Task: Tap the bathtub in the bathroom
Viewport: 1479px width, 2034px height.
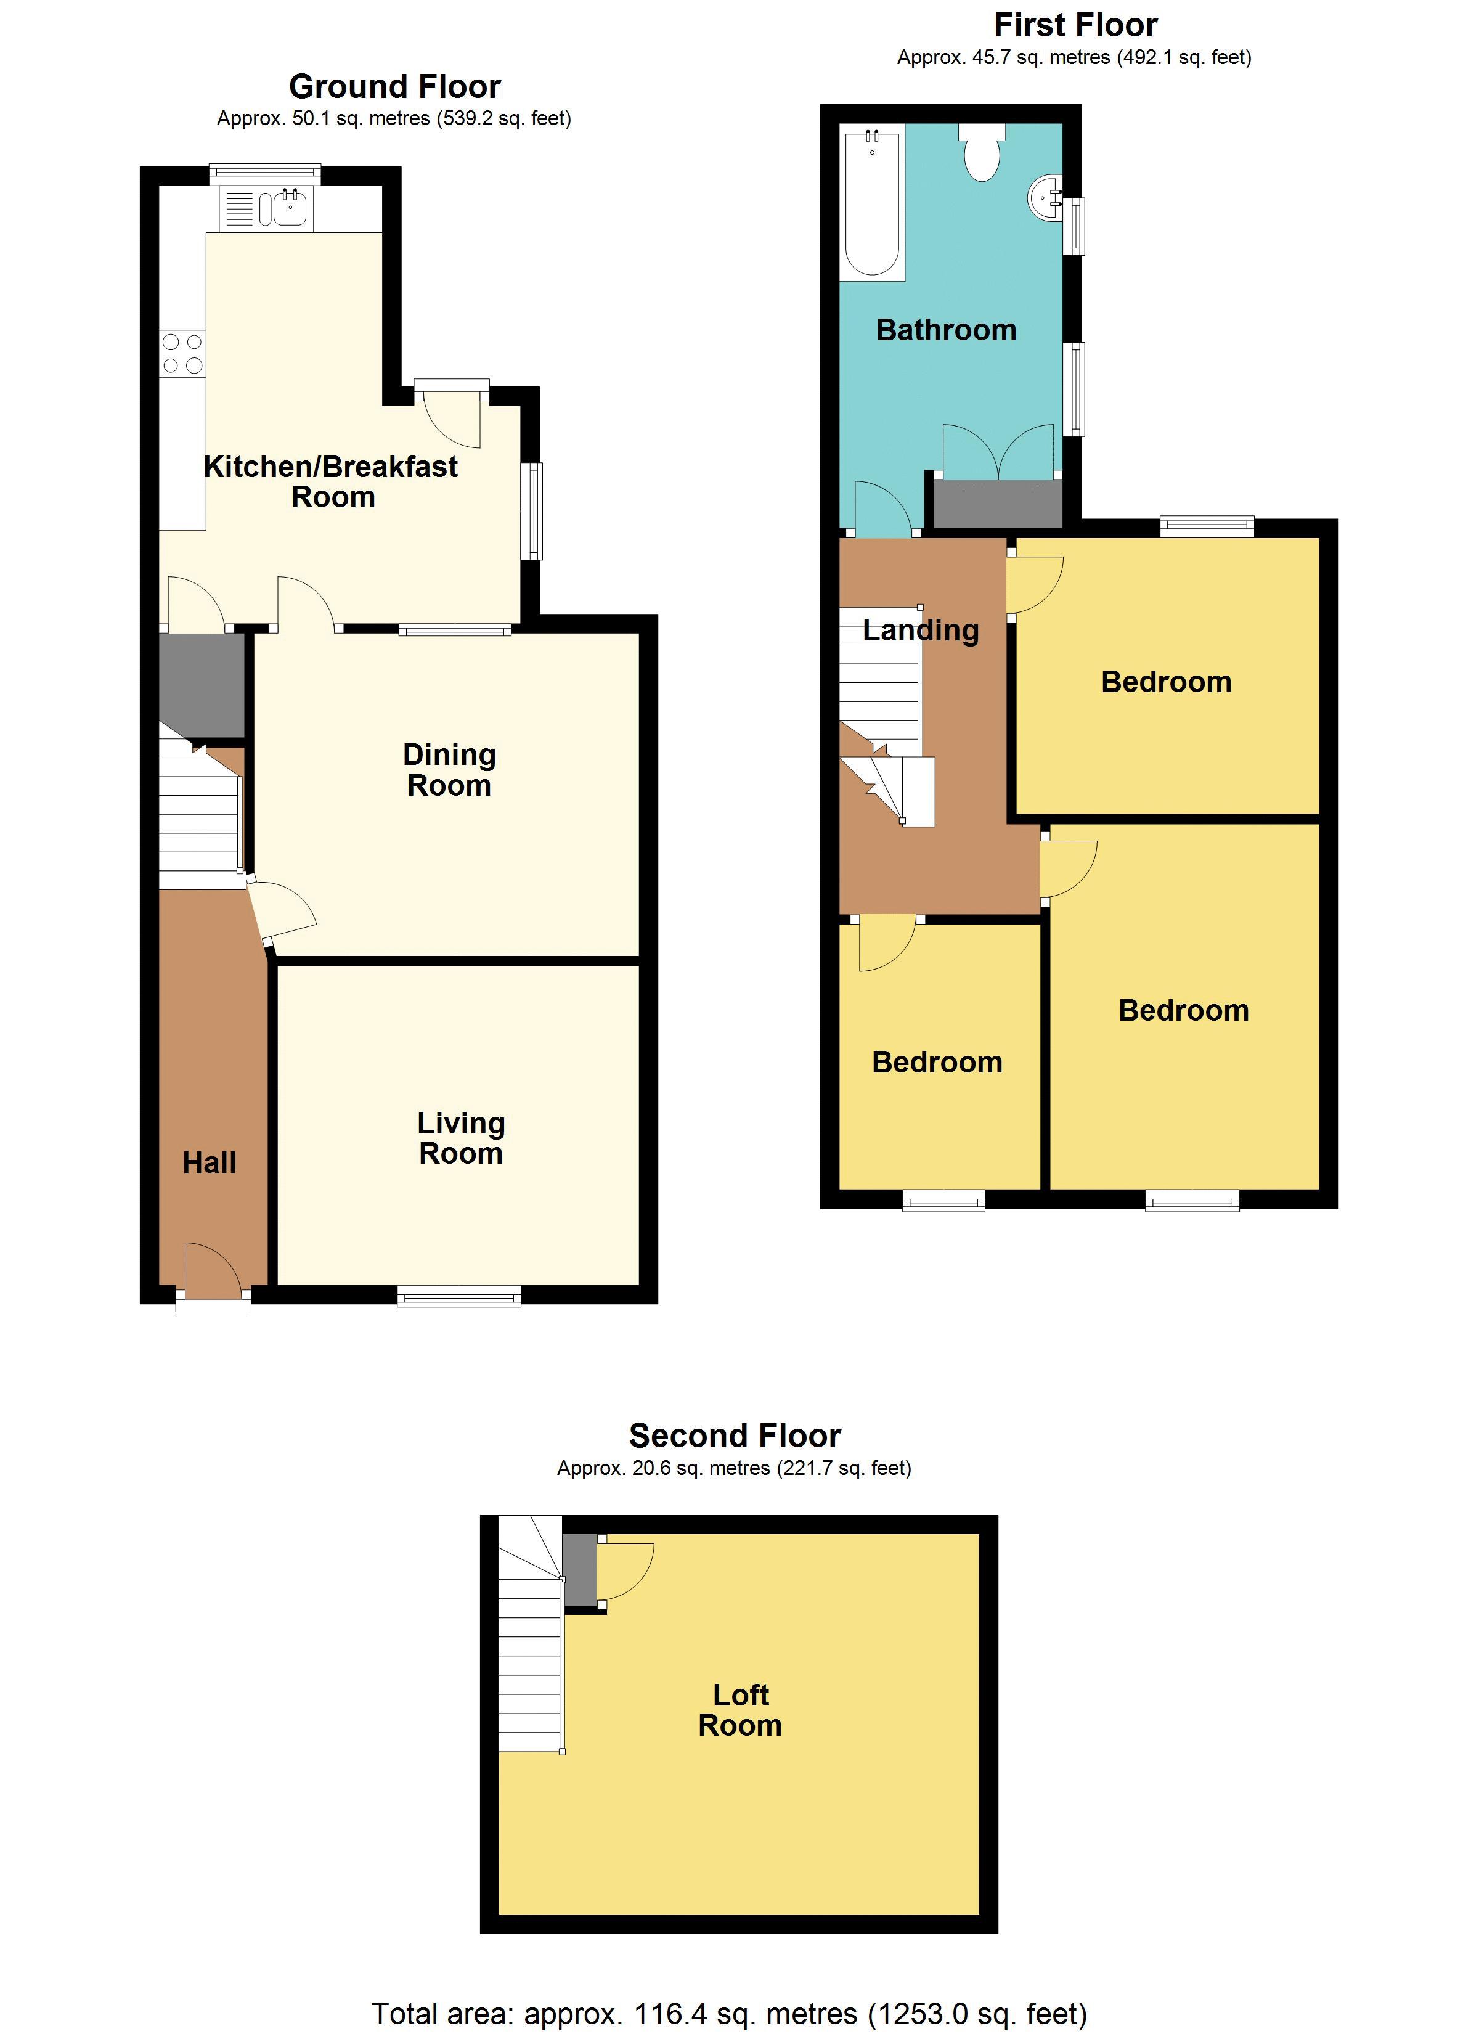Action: [x=872, y=203]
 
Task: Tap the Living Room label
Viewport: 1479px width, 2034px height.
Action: [x=460, y=1139]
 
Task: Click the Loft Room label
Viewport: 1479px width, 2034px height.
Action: [x=740, y=1710]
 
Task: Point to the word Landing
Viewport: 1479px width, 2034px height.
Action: [x=920, y=631]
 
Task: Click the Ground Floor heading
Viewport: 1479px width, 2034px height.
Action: [x=394, y=87]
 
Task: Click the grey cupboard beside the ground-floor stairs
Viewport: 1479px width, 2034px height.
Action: [x=202, y=684]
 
